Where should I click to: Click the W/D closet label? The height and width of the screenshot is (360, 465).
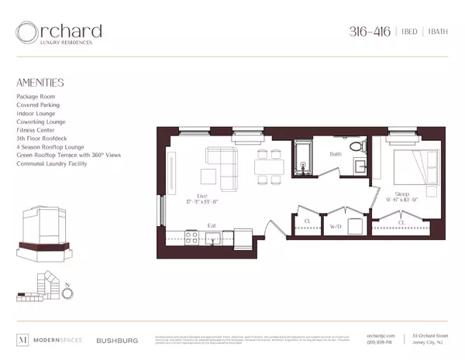[336, 227]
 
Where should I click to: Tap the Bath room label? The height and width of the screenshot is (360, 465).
[336, 154]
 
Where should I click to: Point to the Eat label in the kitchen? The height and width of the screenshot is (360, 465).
[211, 226]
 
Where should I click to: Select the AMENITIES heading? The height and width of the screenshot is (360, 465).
[40, 82]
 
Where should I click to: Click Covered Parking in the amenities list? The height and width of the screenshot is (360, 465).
[38, 105]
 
